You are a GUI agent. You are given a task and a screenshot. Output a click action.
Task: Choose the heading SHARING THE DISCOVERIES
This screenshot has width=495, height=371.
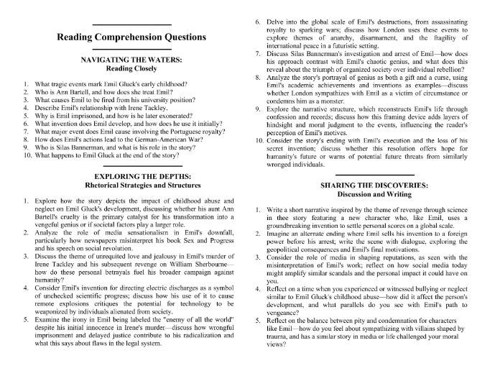coord(367,185)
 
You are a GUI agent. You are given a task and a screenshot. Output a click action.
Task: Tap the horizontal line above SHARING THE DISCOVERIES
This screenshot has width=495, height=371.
coord(367,174)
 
